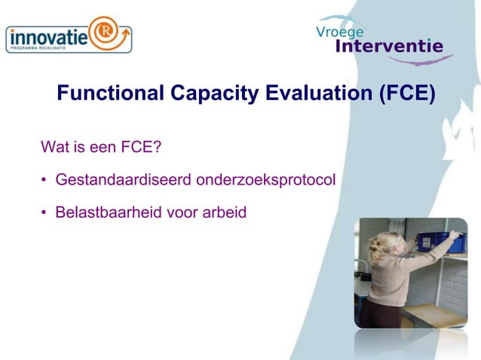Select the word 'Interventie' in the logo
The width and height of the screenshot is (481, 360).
click(388, 46)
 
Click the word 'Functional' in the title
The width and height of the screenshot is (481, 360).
click(110, 93)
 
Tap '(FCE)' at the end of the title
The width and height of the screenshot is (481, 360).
click(406, 93)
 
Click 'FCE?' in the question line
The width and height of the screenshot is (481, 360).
click(142, 146)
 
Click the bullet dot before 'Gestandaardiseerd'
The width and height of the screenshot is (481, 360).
click(44, 181)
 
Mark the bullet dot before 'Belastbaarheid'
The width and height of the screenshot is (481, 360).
click(44, 213)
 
